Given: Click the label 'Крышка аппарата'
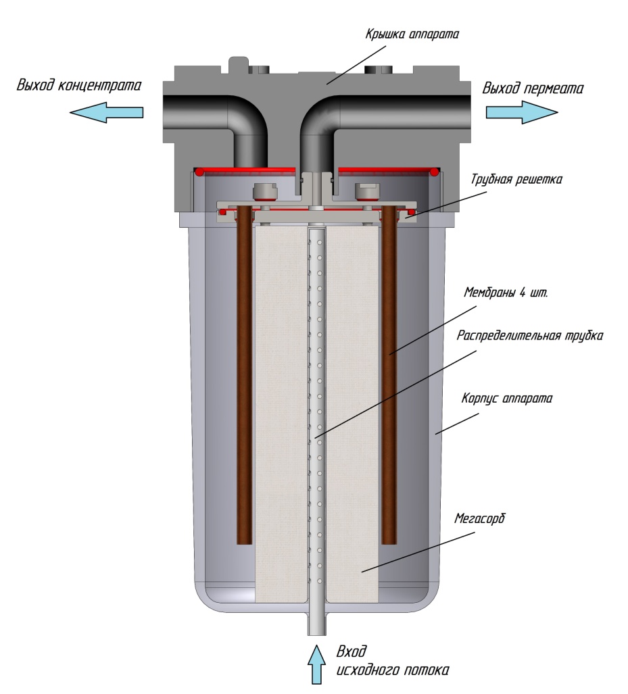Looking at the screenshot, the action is (412, 34).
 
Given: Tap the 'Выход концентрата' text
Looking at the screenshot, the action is (79, 84).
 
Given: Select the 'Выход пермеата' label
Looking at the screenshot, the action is (532, 88).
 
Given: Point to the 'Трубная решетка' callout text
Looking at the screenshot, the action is (516, 179).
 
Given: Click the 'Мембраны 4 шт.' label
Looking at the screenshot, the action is (506, 293).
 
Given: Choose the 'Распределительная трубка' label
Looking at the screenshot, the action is (530, 335).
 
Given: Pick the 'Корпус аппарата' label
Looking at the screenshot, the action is (506, 398).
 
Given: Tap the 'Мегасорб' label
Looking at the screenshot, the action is (480, 518).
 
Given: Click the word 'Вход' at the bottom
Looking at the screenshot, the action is (352, 651).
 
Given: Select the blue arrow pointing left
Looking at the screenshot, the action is (107, 112).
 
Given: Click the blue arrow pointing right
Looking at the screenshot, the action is (522, 112).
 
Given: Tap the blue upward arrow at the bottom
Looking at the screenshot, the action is (316, 664).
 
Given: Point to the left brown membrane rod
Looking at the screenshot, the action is (245, 376).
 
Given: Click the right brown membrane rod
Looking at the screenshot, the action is (389, 376).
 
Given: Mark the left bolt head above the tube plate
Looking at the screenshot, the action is (264, 191).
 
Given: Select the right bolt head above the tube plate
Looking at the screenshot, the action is (367, 191).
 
